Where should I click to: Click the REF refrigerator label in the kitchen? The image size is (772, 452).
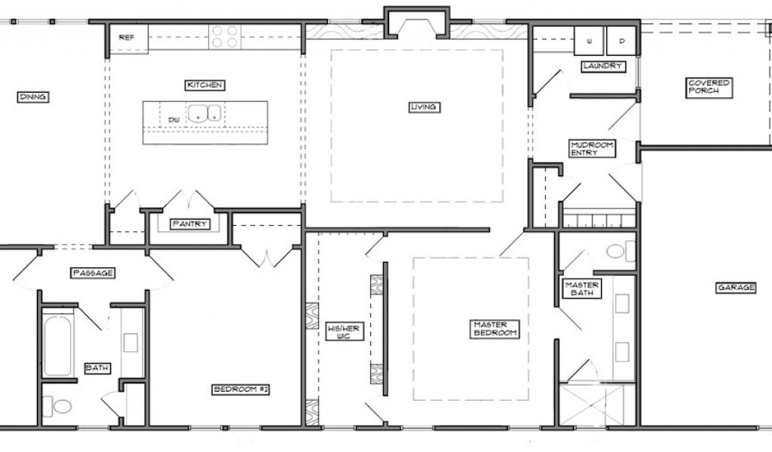point(127,38)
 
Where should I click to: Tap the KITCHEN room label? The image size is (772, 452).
point(205,85)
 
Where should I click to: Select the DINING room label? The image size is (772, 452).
point(33,97)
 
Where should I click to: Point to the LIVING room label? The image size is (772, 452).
point(424,107)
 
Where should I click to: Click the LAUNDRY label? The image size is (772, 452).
point(603,66)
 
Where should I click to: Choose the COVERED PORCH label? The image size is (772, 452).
point(709,87)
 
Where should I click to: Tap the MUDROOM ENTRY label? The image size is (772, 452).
point(593,148)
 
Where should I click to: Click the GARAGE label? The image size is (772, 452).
point(736,287)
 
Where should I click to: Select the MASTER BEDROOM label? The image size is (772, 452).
point(495,328)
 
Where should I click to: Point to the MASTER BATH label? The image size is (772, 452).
point(582,289)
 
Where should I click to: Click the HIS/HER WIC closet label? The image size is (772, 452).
point(344,332)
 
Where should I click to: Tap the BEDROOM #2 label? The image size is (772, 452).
point(241,389)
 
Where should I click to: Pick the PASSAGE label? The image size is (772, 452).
point(93,273)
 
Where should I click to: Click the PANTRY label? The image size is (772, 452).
point(189,224)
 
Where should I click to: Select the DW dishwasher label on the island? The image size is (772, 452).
point(173,119)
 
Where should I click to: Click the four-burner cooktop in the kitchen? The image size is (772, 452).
point(225,37)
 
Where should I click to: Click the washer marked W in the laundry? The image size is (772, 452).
point(589,41)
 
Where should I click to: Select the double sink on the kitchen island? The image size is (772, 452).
point(204,112)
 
